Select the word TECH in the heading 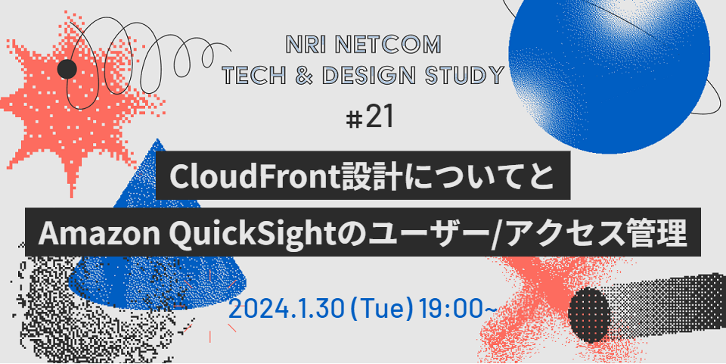(250, 75)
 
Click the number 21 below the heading (380, 117)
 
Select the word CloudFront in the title (254, 177)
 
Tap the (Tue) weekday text (381, 309)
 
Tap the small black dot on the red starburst (67, 69)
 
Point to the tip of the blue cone (158, 139)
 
